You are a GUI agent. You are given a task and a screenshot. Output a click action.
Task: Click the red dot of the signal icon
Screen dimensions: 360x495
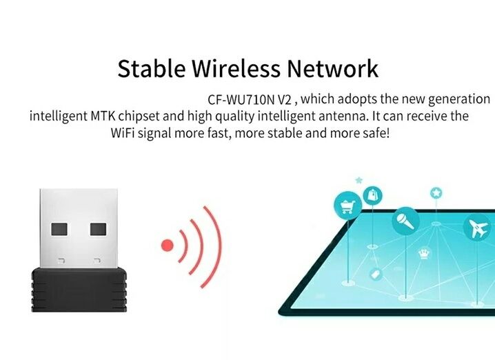tap(166, 244)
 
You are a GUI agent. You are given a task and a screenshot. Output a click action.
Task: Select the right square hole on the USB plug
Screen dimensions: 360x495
tap(99, 229)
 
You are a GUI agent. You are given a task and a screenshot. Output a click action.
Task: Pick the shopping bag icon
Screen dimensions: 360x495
tap(374, 194)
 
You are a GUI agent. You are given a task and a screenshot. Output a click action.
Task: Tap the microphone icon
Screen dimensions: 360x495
tap(404, 222)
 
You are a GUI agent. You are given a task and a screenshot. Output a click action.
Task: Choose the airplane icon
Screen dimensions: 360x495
tap(477, 228)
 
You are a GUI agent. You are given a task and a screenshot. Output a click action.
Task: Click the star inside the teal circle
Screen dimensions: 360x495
tap(436, 192)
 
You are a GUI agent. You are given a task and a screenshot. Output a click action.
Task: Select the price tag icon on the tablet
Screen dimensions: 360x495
tap(376, 274)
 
